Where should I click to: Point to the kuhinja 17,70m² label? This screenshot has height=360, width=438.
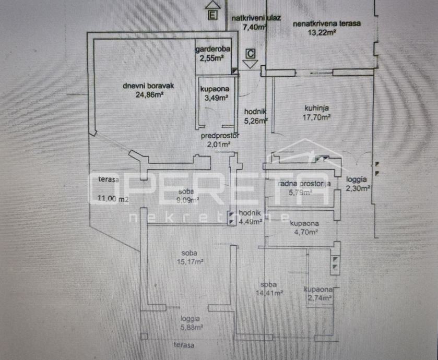tap(317, 113)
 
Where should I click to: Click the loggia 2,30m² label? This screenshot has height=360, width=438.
tap(358, 184)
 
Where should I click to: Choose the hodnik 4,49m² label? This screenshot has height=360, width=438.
tap(253, 216)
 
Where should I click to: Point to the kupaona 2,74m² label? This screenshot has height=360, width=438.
tap(319, 293)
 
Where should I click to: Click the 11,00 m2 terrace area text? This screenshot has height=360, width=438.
tap(112, 199)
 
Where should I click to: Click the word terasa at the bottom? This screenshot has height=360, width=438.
tap(184, 345)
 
